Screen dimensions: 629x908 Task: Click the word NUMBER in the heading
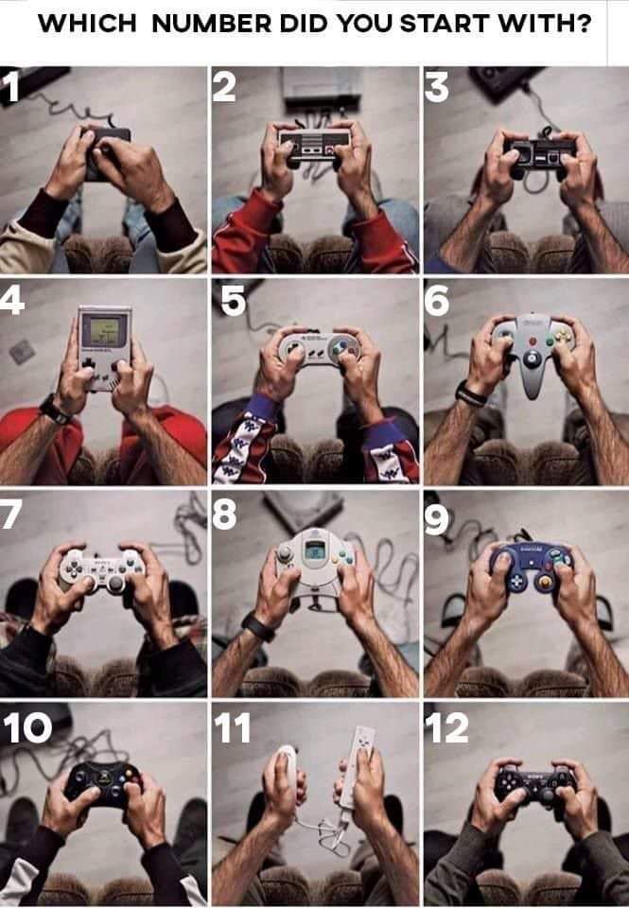click(212, 23)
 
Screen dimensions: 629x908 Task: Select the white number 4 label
click(11, 300)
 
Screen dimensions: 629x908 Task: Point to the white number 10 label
click(27, 727)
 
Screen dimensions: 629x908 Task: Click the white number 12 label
click(446, 727)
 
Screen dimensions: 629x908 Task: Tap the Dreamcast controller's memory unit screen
click(314, 549)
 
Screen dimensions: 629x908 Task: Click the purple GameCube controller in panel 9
click(532, 566)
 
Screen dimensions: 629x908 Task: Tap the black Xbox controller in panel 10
click(103, 782)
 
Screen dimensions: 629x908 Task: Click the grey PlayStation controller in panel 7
click(102, 569)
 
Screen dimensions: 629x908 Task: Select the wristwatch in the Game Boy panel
click(54, 410)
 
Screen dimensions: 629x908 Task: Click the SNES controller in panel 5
click(318, 347)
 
